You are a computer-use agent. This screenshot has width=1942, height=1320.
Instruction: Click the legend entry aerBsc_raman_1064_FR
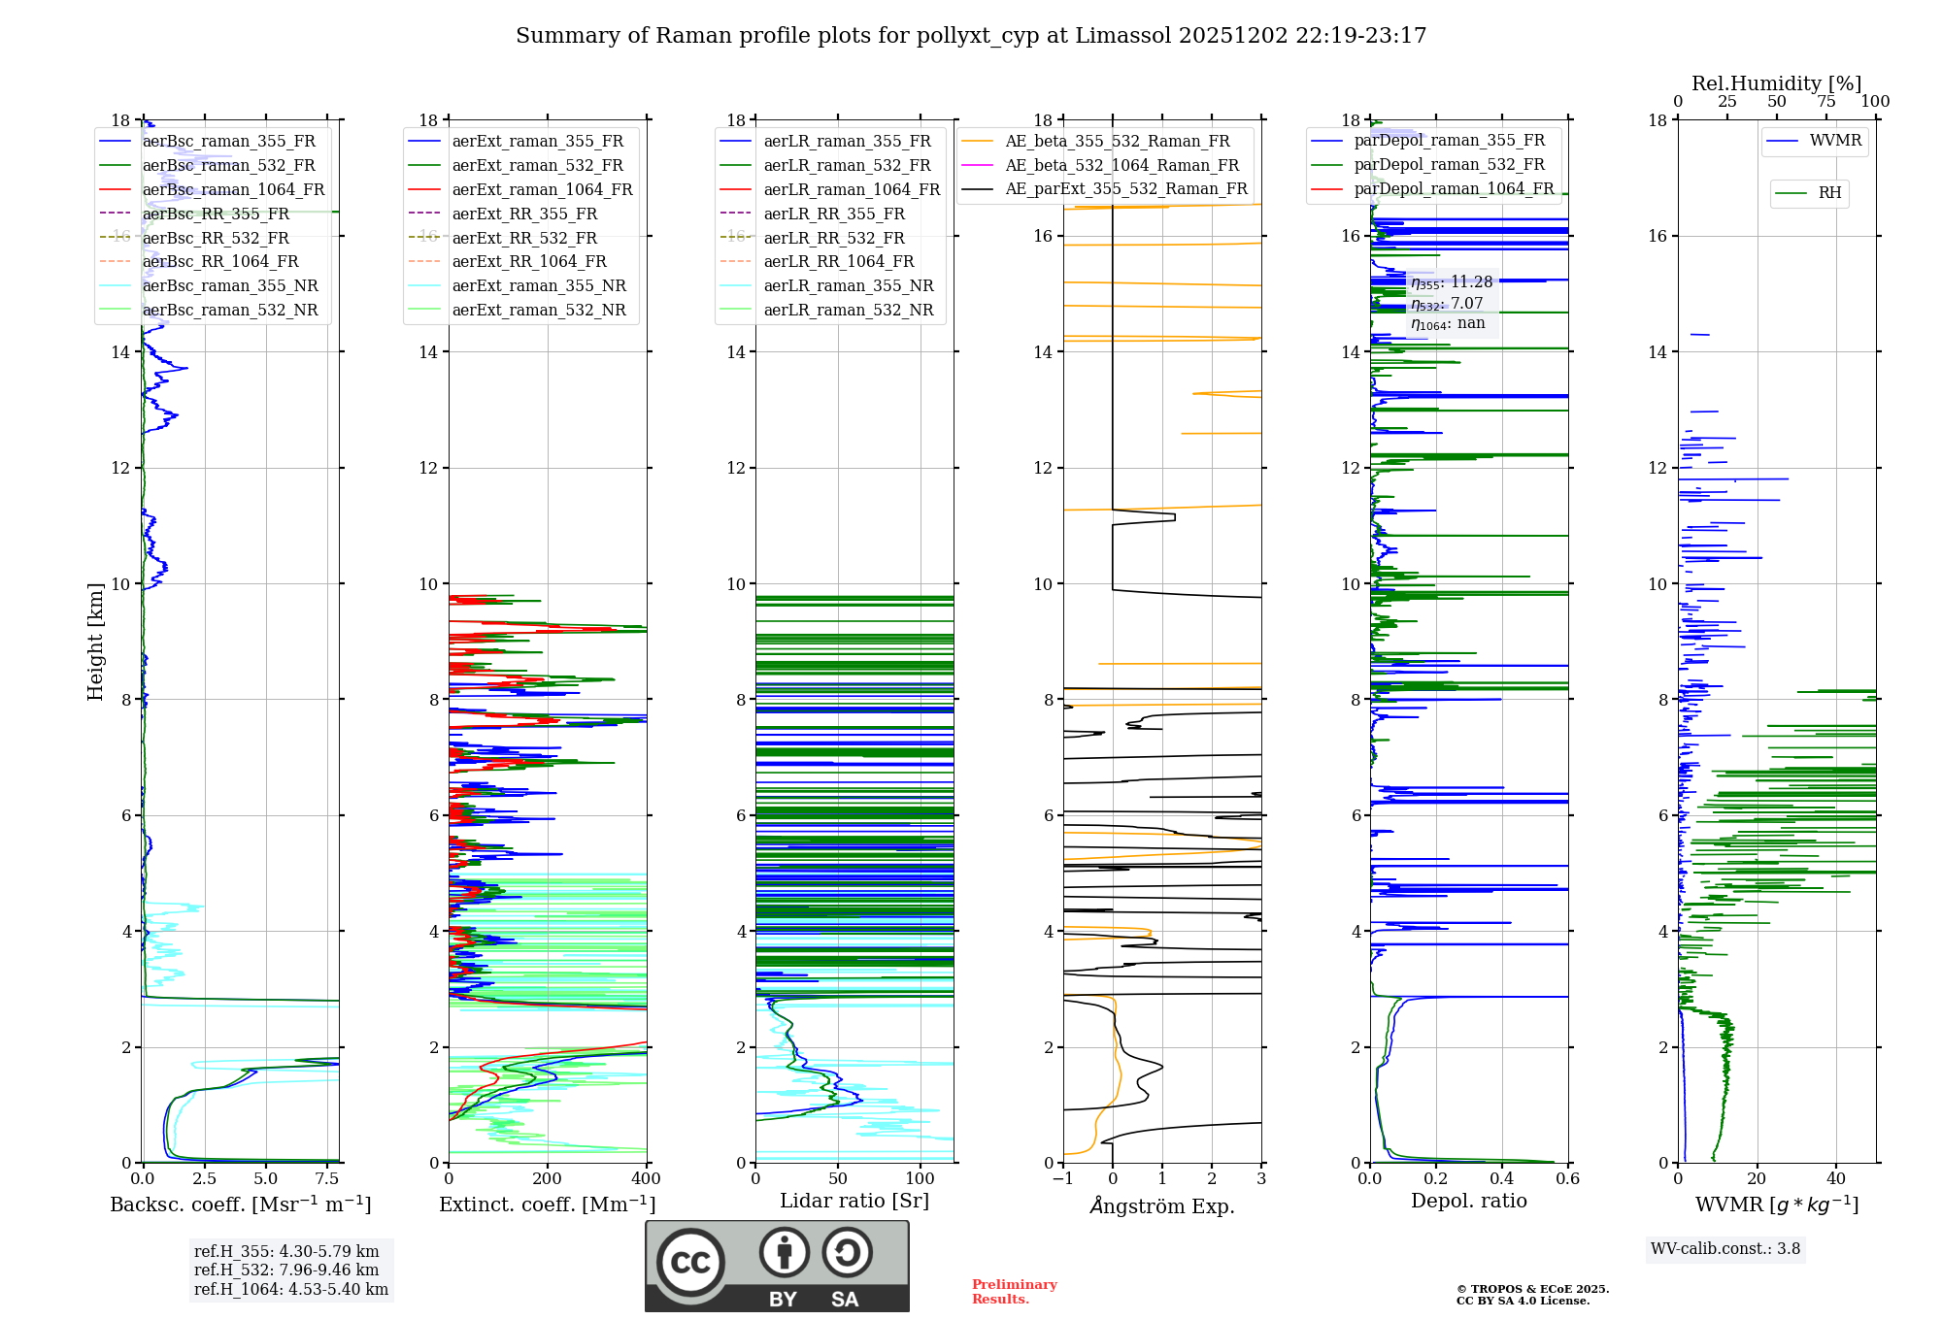click(x=233, y=190)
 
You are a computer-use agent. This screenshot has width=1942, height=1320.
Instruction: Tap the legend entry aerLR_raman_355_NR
click(x=848, y=286)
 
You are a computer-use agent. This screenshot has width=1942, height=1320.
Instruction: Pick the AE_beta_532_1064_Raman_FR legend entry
click(x=1122, y=166)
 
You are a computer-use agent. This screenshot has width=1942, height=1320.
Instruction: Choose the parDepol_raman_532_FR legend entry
click(x=1449, y=165)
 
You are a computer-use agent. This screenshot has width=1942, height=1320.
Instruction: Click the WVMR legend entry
click(x=1835, y=141)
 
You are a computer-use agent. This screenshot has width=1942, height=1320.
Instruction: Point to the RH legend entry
click(x=1829, y=193)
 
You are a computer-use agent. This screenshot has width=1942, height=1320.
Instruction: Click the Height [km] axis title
click(x=95, y=641)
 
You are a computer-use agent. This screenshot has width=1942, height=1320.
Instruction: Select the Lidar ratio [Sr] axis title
click(x=854, y=1202)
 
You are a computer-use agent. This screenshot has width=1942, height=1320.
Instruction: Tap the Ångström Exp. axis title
click(x=1162, y=1206)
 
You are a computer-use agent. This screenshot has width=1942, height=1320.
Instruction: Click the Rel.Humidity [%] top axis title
click(x=1776, y=83)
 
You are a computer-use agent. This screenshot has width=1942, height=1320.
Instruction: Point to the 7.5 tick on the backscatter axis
click(x=327, y=1179)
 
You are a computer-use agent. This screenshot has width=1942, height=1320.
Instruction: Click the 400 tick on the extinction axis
click(x=647, y=1179)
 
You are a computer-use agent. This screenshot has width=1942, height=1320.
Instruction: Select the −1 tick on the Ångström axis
click(x=1063, y=1179)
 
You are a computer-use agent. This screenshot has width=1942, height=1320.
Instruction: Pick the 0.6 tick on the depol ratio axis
click(x=1567, y=1179)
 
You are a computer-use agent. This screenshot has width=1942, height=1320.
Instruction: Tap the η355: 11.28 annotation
click(x=1452, y=282)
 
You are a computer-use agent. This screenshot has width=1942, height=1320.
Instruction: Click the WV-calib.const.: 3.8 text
click(x=1725, y=1249)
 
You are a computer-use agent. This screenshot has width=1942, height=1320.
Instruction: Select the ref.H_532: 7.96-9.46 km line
click(x=286, y=1270)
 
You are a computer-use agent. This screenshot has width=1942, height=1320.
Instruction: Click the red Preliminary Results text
click(x=1014, y=1292)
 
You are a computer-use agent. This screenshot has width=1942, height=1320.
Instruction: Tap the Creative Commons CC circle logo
click(x=690, y=1263)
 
